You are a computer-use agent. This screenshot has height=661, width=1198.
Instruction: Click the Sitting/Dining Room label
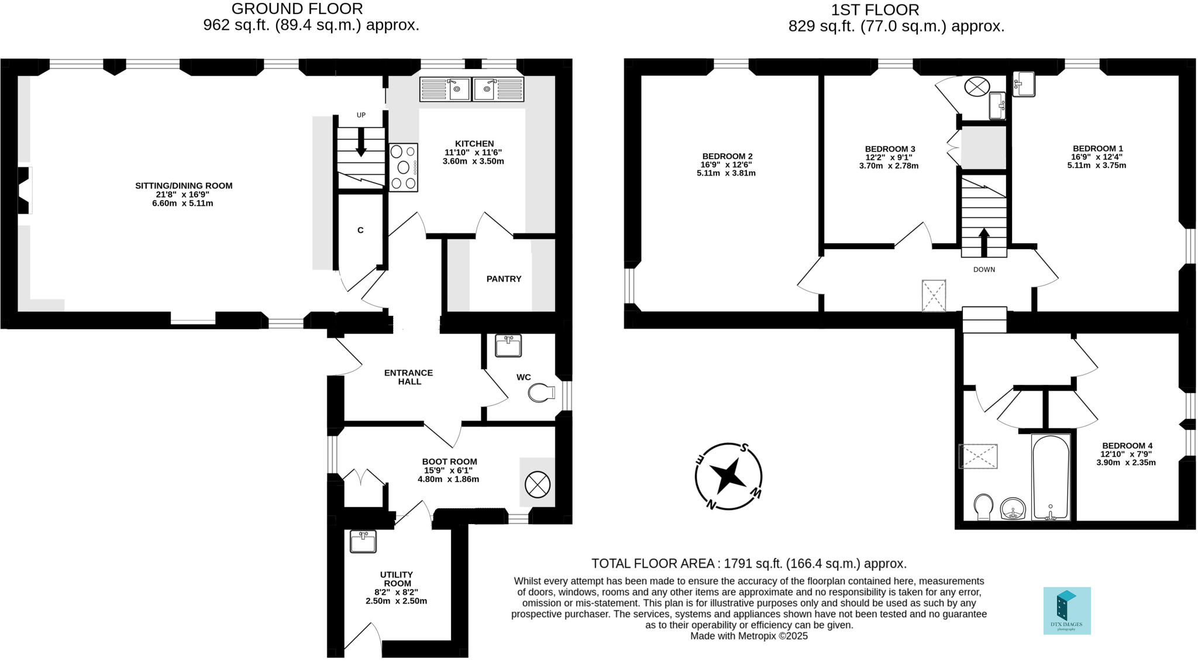[184, 186]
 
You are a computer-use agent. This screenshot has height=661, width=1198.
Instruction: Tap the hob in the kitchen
[403, 167]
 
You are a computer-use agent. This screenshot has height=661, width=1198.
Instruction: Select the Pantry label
[504, 279]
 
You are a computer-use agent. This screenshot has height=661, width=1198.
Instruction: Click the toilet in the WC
[541, 393]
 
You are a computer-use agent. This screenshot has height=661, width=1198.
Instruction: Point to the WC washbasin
[508, 345]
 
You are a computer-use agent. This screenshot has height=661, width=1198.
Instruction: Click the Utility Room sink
[363, 541]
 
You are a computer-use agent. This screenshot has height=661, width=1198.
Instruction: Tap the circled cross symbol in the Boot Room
[538, 484]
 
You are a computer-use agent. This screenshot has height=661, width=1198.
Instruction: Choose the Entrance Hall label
[409, 377]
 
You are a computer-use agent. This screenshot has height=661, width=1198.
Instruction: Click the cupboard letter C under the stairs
[360, 230]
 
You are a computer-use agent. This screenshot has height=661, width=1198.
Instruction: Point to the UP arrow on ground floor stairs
[361, 142]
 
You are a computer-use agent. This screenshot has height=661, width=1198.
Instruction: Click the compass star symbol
[728, 476]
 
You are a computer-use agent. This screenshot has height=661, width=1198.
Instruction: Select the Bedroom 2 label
[727, 156]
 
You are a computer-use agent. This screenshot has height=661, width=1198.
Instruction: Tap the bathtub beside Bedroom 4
[1051, 477]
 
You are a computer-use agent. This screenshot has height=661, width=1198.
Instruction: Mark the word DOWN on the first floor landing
[984, 270]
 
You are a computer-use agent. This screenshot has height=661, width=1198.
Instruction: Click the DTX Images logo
[1067, 611]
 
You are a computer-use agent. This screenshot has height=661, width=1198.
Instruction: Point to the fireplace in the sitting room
[23, 191]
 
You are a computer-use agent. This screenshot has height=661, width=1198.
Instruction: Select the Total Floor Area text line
[749, 564]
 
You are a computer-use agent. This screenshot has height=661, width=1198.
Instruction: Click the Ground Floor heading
[297, 9]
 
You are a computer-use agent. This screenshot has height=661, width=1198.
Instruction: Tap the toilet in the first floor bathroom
[983, 507]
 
